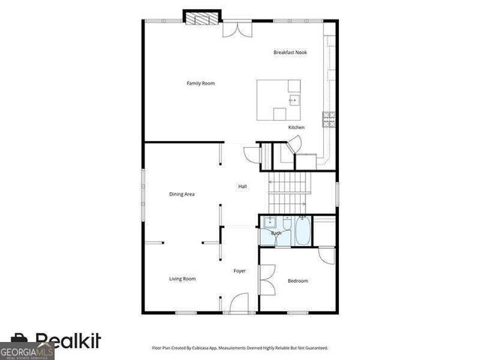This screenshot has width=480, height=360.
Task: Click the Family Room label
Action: [200, 83]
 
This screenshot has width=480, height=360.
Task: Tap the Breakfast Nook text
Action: [290, 52]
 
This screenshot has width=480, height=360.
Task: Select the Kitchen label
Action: [296, 127]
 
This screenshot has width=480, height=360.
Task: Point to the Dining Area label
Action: [181, 194]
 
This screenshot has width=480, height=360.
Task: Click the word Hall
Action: [242, 187]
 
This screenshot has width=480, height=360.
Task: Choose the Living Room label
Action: [181, 279]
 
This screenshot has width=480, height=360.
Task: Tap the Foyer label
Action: [239, 271]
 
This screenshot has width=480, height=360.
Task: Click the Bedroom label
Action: [298, 281]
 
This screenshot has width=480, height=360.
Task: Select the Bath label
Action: [276, 233]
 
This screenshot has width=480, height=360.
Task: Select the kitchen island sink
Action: [294, 99]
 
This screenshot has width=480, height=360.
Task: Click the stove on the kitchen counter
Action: [328, 118]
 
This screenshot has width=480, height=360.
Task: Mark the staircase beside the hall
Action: [289, 190]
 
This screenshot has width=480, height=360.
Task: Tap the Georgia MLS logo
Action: [27, 351]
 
